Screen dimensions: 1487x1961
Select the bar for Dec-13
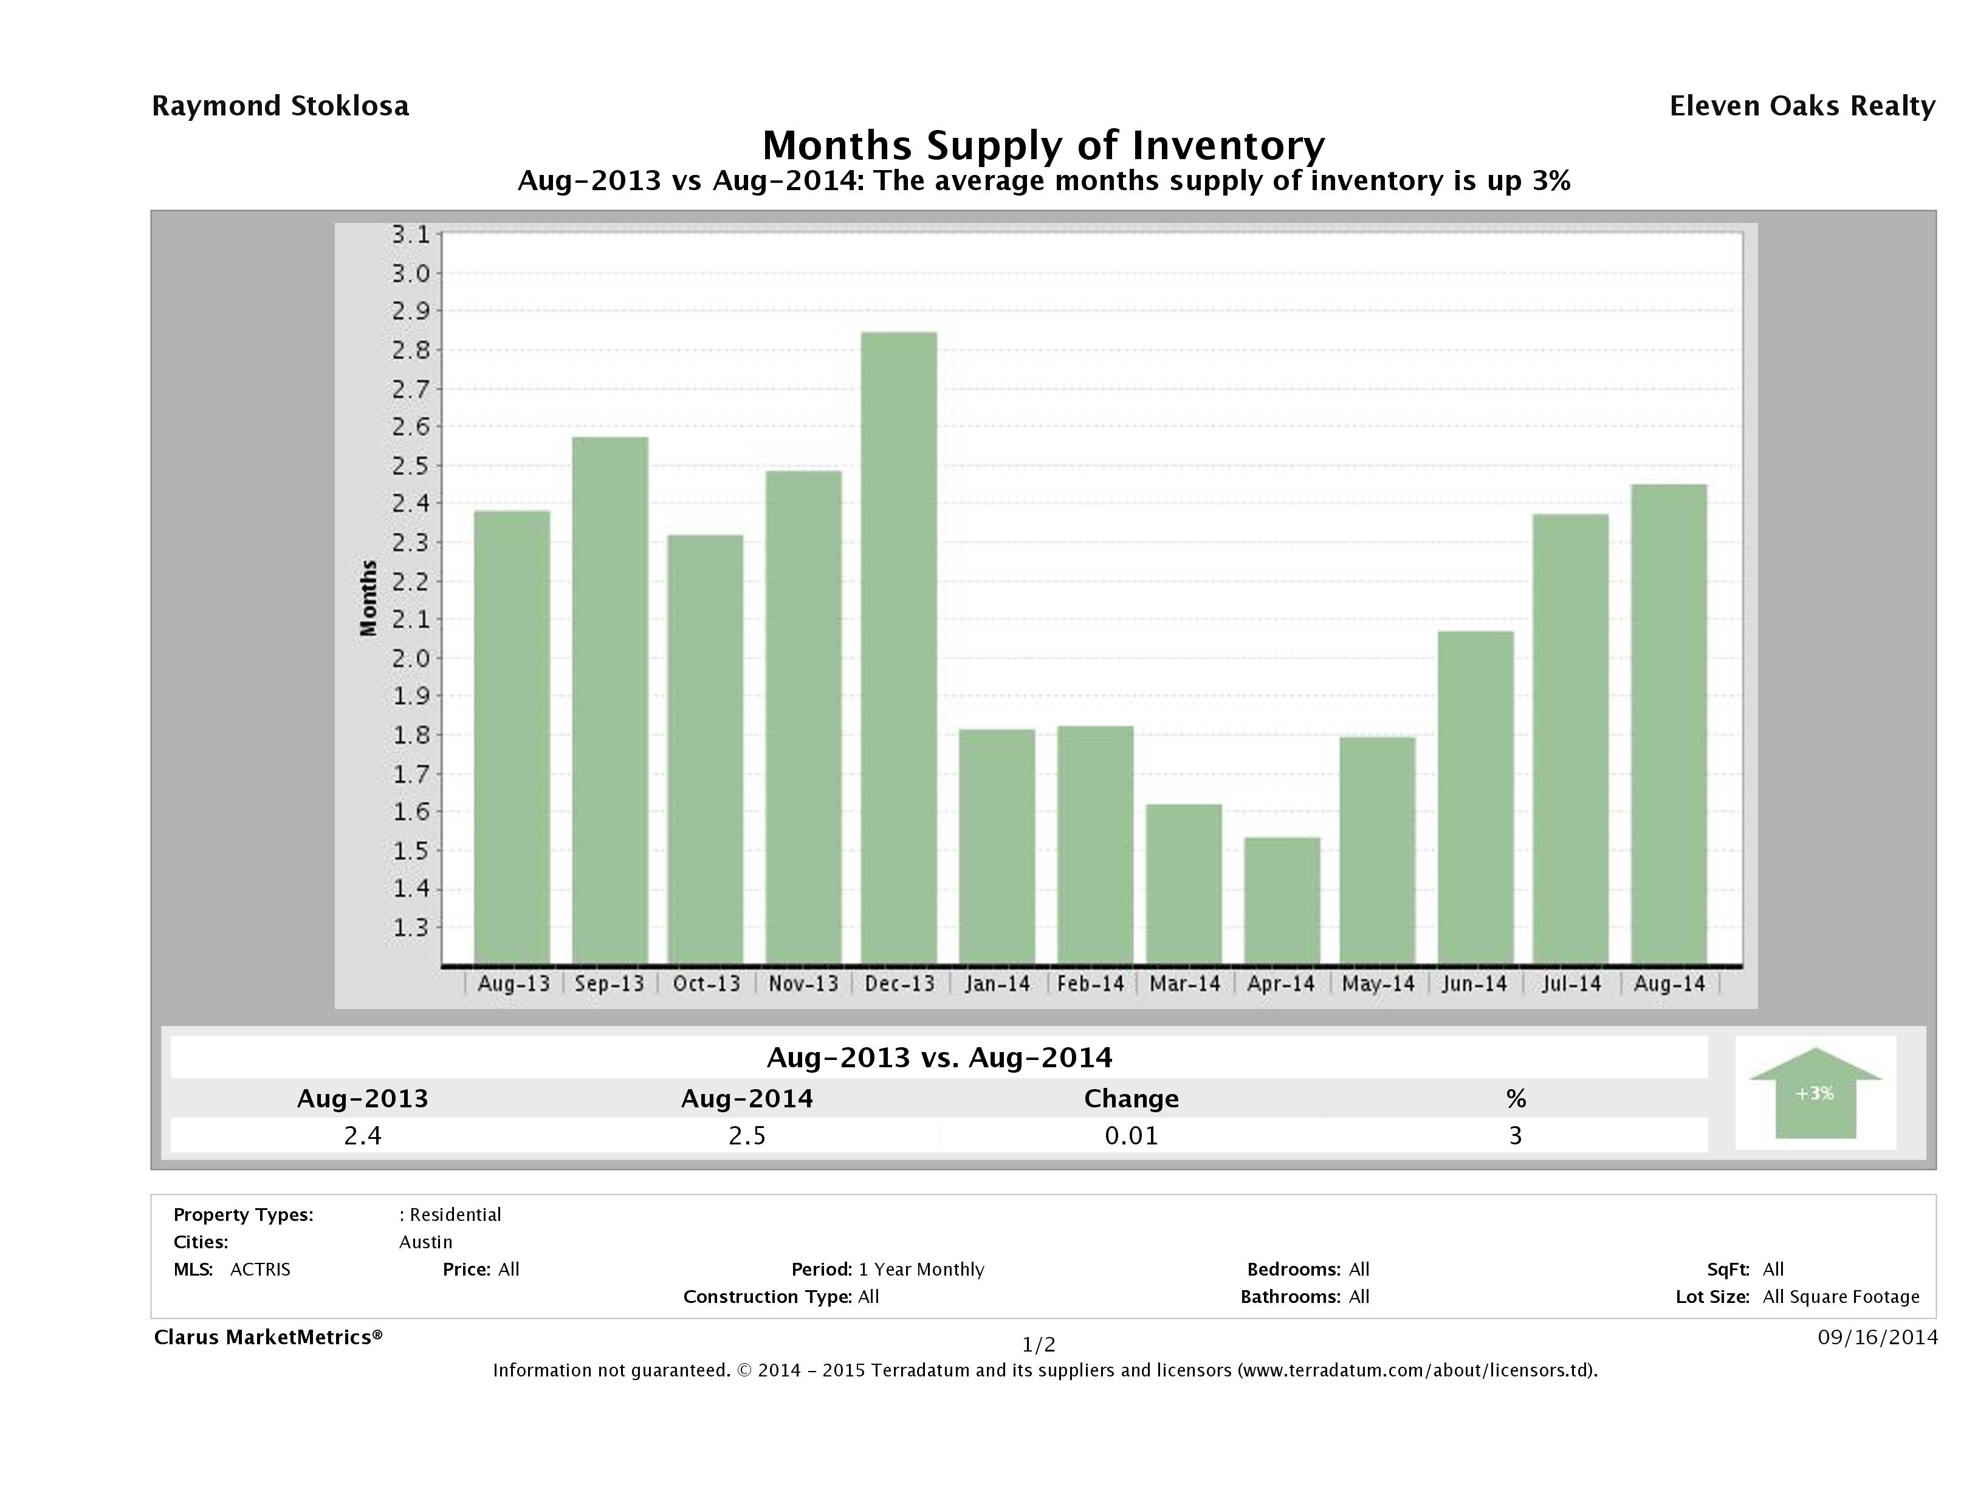click(x=898, y=647)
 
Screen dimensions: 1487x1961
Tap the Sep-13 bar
click(x=610, y=700)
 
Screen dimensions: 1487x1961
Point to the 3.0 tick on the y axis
click(x=410, y=273)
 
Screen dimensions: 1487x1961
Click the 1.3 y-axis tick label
click(x=410, y=928)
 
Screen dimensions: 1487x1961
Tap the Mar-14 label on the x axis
click(x=1184, y=983)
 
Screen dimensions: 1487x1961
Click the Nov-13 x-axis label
click(x=803, y=983)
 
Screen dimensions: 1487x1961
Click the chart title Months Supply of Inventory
click(x=1043, y=145)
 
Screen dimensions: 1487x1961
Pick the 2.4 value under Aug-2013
click(x=363, y=1135)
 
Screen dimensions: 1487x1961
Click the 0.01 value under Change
click(x=1132, y=1135)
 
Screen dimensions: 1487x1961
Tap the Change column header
click(x=1132, y=1099)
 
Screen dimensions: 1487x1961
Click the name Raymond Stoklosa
click(x=280, y=106)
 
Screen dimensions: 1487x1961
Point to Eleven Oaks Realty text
click(x=1801, y=106)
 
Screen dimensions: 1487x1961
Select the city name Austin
click(x=425, y=1242)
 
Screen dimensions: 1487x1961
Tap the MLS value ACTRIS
click(x=259, y=1269)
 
